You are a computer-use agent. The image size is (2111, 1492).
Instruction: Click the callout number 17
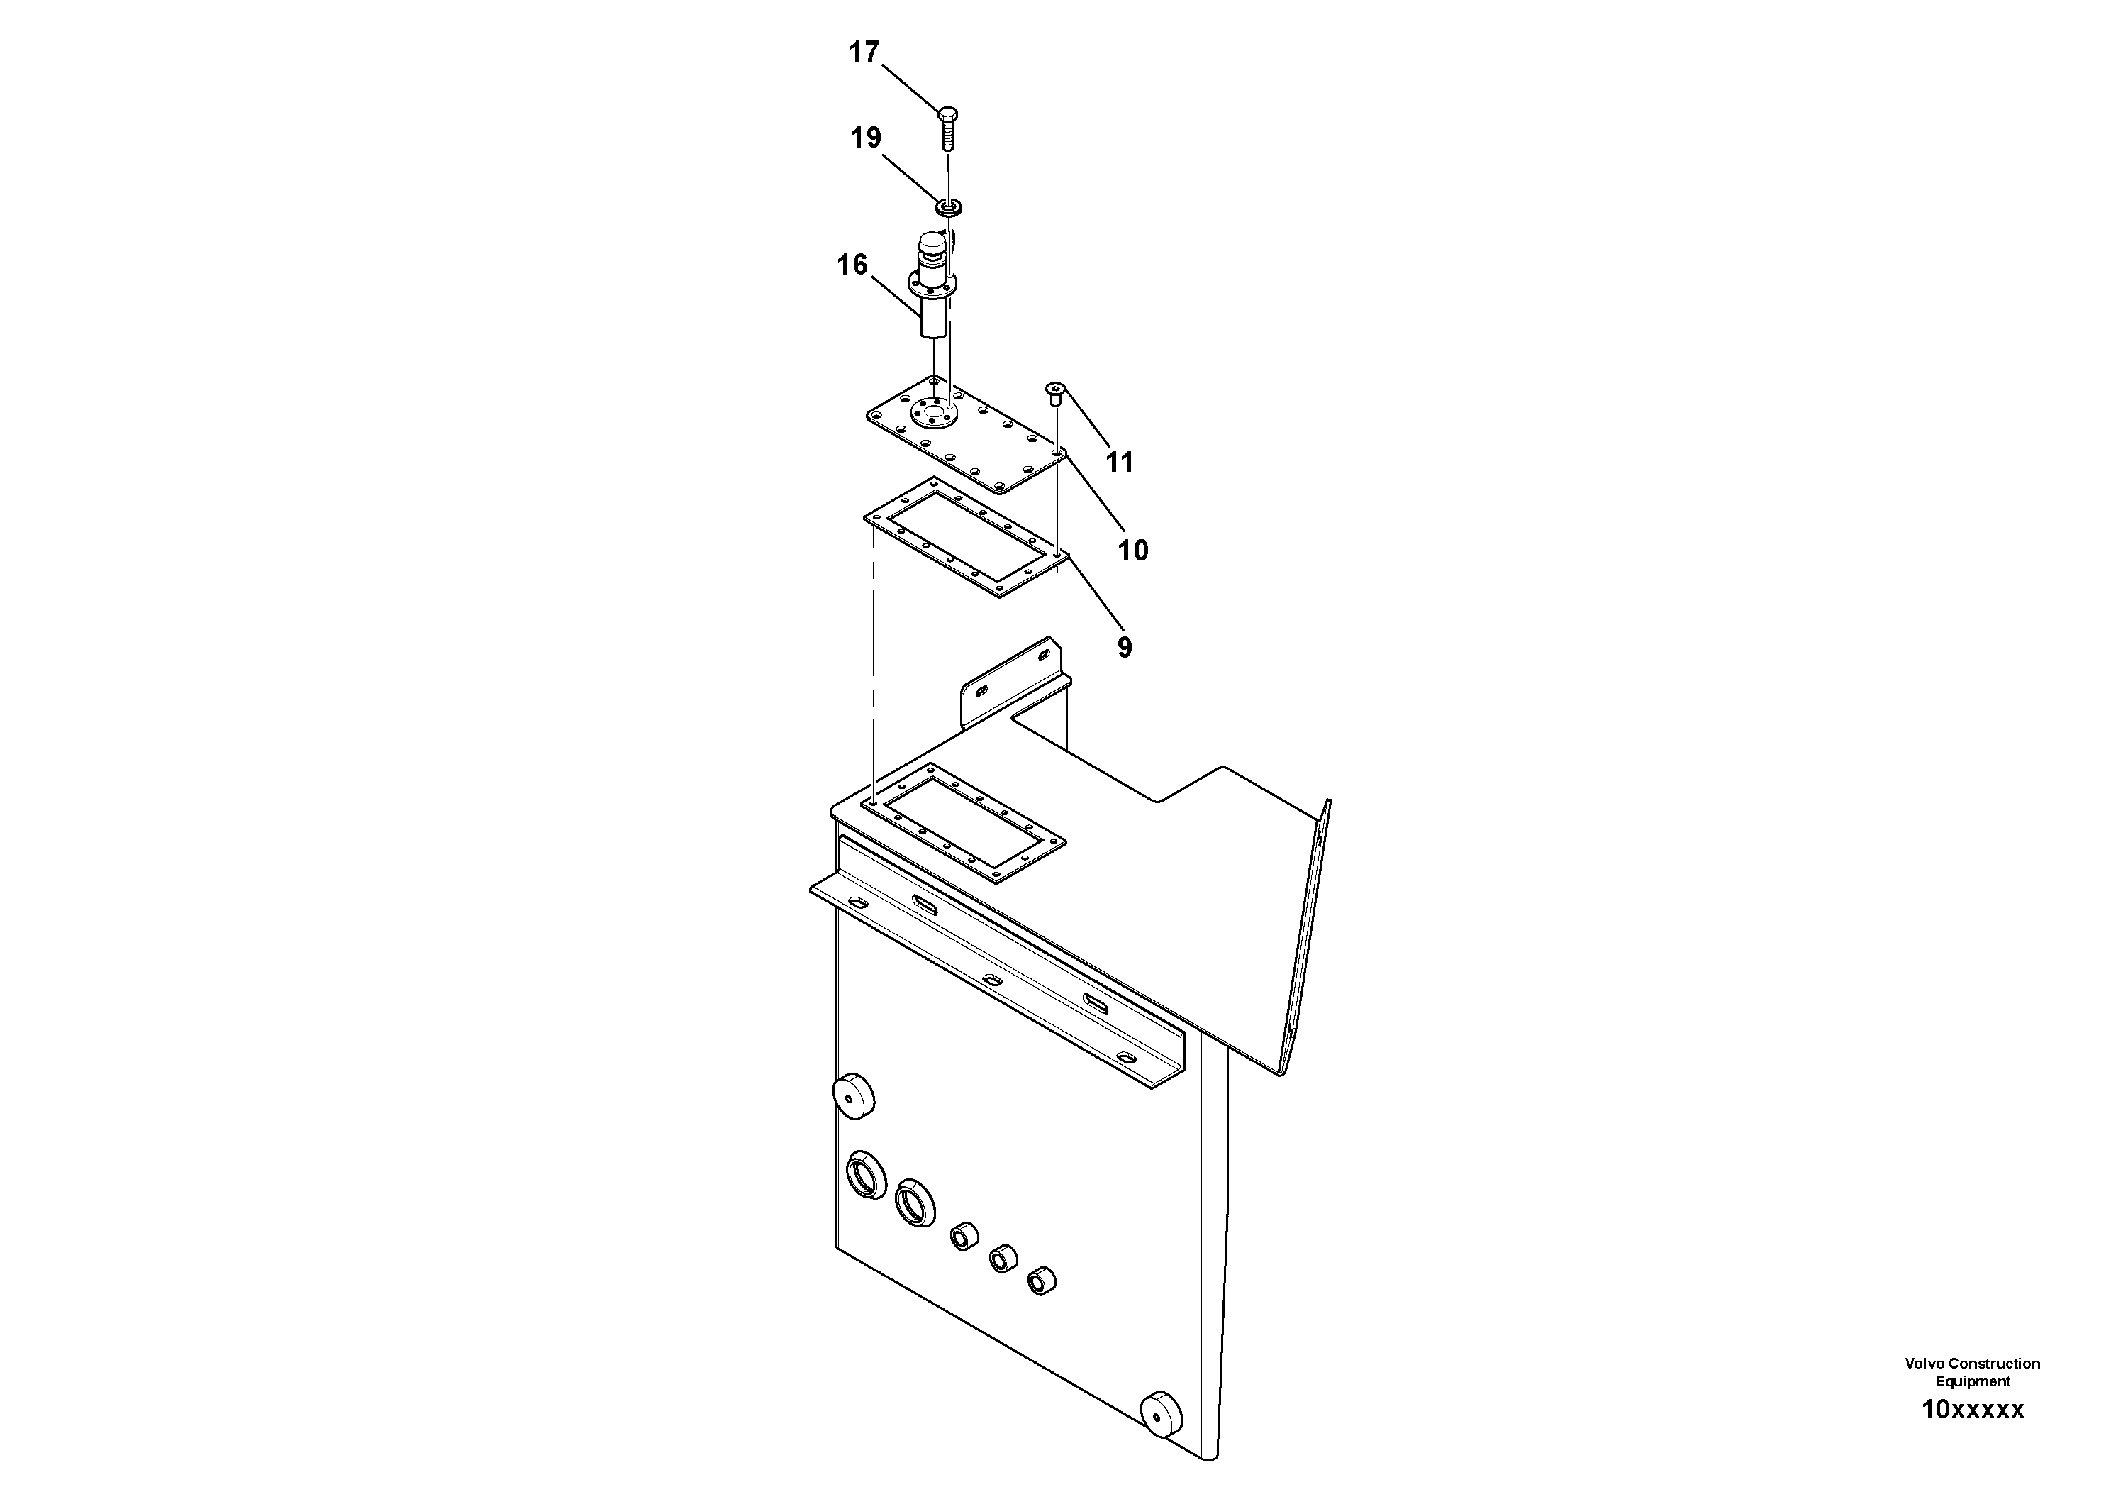(864, 53)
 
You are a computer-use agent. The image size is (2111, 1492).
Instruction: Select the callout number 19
(865, 138)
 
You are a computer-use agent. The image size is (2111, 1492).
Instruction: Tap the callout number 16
(852, 265)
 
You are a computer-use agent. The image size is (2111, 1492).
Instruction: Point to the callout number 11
(1119, 462)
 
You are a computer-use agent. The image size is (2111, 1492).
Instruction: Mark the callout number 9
(1125, 648)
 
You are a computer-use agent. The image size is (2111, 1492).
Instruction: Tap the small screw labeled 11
(1055, 396)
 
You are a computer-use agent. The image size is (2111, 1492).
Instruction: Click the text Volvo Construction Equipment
(1972, 1371)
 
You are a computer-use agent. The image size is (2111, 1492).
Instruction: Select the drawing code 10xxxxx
(1972, 1409)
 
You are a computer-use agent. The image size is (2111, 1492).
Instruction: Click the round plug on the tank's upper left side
(852, 1095)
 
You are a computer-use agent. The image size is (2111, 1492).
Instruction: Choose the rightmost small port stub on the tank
(1041, 1281)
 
